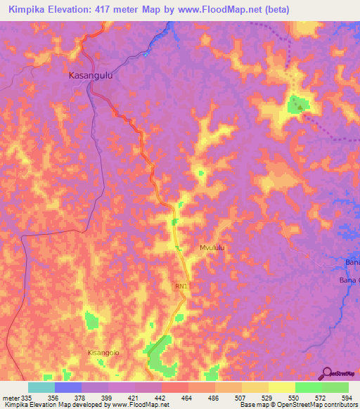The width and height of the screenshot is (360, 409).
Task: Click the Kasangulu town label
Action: point(91,74)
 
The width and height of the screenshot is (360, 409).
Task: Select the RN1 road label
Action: point(183,287)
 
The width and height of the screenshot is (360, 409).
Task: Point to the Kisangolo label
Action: point(101,352)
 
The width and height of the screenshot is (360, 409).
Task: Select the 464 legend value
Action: point(188,397)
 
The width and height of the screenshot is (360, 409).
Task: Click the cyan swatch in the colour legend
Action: point(41,387)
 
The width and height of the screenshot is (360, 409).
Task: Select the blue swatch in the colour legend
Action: point(68,387)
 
